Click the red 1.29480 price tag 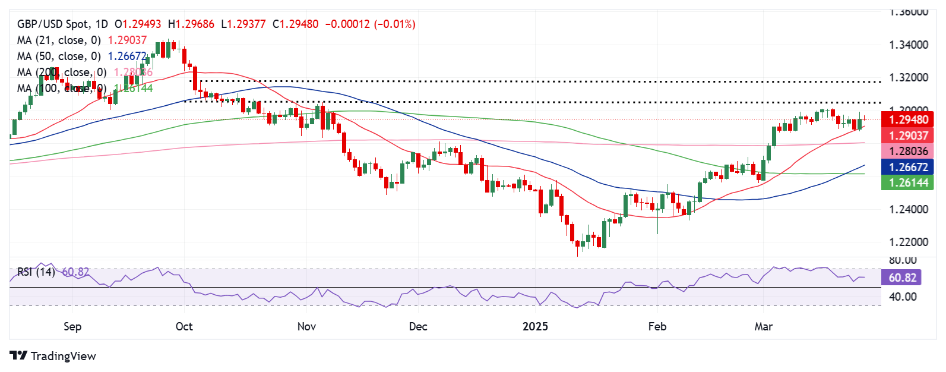point(908,119)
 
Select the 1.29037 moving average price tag point(908,135)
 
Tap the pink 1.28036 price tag point(908,152)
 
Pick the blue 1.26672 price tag point(908,168)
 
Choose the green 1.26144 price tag point(908,183)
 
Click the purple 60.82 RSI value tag point(902,278)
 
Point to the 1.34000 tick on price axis point(908,45)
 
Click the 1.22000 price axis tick point(908,242)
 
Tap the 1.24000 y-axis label point(908,209)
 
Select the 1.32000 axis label point(908,78)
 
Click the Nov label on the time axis point(306,327)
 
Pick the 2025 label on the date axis point(536,327)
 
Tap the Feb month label point(657,327)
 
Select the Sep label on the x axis point(72,327)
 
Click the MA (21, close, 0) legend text point(59,40)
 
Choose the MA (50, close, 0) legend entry point(59,56)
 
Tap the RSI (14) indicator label point(36,272)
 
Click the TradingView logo point(53,356)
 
